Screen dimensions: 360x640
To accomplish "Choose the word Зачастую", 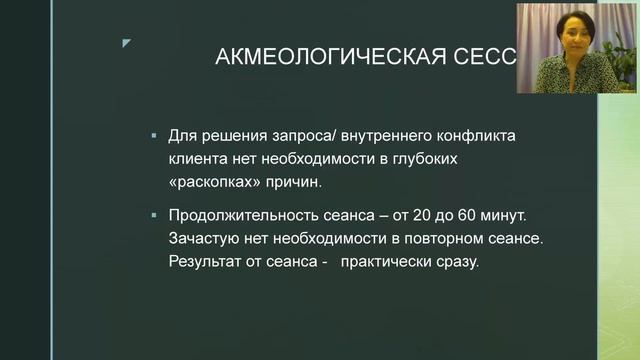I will pos(202,240).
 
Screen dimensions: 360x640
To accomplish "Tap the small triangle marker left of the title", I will pos(126,43).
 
